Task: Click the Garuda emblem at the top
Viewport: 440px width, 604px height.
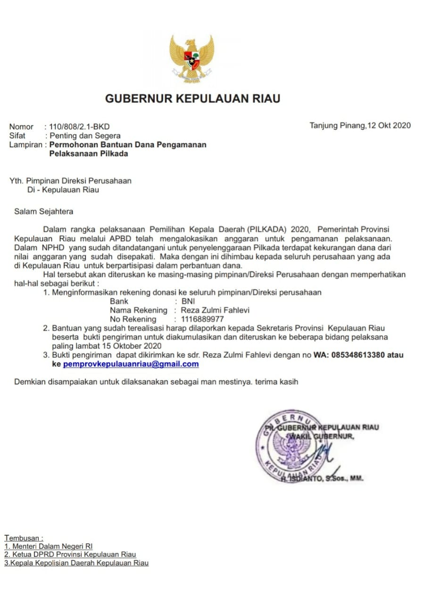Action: (x=192, y=59)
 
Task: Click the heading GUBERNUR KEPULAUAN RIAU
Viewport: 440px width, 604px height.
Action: (x=192, y=99)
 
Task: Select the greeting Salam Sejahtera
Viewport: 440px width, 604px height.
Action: (x=43, y=211)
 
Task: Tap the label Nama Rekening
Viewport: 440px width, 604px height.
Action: (x=138, y=310)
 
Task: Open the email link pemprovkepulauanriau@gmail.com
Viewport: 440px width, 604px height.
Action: (x=131, y=364)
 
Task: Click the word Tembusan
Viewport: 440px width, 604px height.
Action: (x=24, y=537)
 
